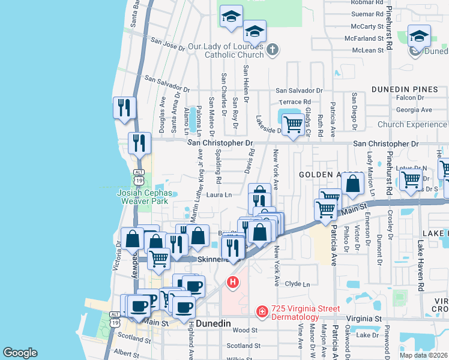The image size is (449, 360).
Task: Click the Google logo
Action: click(x=20, y=353)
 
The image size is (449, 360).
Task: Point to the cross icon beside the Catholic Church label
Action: click(x=272, y=50)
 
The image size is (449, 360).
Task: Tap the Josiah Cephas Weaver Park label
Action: click(x=144, y=197)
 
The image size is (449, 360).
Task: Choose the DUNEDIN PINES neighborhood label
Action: click(x=405, y=89)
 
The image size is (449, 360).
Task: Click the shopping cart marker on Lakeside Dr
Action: click(x=292, y=125)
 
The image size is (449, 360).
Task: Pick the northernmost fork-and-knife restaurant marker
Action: click(x=124, y=108)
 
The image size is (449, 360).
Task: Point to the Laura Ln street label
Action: click(x=220, y=194)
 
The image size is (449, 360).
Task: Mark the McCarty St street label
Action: click(x=368, y=26)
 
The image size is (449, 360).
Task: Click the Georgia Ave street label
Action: click(x=414, y=110)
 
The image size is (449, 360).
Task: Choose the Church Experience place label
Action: click(x=412, y=125)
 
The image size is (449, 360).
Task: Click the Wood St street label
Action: click(x=244, y=330)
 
